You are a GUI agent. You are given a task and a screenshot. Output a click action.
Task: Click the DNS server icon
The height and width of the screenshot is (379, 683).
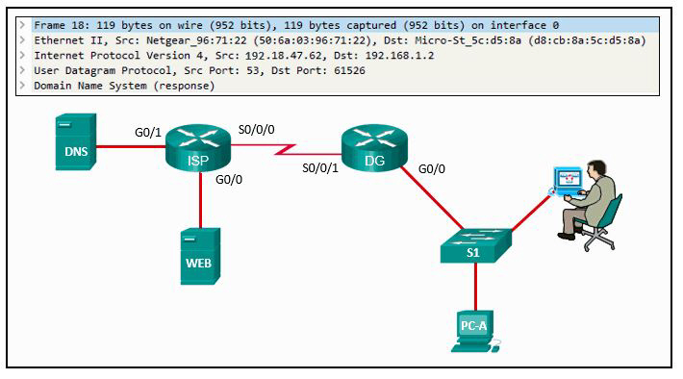(x=76, y=142)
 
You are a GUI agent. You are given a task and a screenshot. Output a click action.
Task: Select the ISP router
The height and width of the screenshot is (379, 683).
(x=198, y=148)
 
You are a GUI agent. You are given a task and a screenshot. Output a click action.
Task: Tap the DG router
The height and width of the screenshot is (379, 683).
(x=374, y=148)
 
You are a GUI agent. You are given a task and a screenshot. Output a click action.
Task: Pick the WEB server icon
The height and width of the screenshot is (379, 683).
(x=200, y=256)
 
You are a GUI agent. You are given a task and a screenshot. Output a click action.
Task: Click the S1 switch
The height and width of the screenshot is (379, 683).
(x=476, y=245)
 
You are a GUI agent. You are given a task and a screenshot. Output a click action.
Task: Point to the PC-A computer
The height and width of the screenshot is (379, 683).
(x=475, y=331)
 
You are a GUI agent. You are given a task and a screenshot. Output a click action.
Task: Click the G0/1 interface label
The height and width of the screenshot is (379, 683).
(x=148, y=132)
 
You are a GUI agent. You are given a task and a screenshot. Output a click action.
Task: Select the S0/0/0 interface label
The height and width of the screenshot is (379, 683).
(x=257, y=130)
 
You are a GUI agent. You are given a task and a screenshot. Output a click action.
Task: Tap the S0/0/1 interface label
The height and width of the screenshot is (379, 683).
(x=320, y=167)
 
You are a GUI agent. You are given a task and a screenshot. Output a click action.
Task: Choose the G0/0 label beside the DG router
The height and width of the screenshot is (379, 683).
(x=432, y=168)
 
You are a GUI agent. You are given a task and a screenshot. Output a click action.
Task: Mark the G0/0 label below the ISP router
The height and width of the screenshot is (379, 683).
(x=229, y=179)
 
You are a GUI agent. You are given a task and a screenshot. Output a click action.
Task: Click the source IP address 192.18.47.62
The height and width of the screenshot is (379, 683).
(x=284, y=56)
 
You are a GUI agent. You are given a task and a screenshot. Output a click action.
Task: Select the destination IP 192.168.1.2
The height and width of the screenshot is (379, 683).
(x=399, y=56)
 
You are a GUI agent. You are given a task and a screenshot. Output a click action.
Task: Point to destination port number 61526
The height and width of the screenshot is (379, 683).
(x=349, y=70)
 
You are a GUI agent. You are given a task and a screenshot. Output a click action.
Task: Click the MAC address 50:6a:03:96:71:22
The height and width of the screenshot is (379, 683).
(x=313, y=40)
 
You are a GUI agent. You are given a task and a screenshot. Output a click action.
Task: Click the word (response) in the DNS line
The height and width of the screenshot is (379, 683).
(x=185, y=86)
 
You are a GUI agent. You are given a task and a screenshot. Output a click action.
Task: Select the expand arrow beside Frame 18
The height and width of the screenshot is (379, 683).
(x=23, y=25)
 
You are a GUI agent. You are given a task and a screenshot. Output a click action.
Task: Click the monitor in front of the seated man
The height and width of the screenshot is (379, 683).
(x=568, y=180)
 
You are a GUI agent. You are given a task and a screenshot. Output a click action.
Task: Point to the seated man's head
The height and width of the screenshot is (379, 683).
(x=596, y=168)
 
